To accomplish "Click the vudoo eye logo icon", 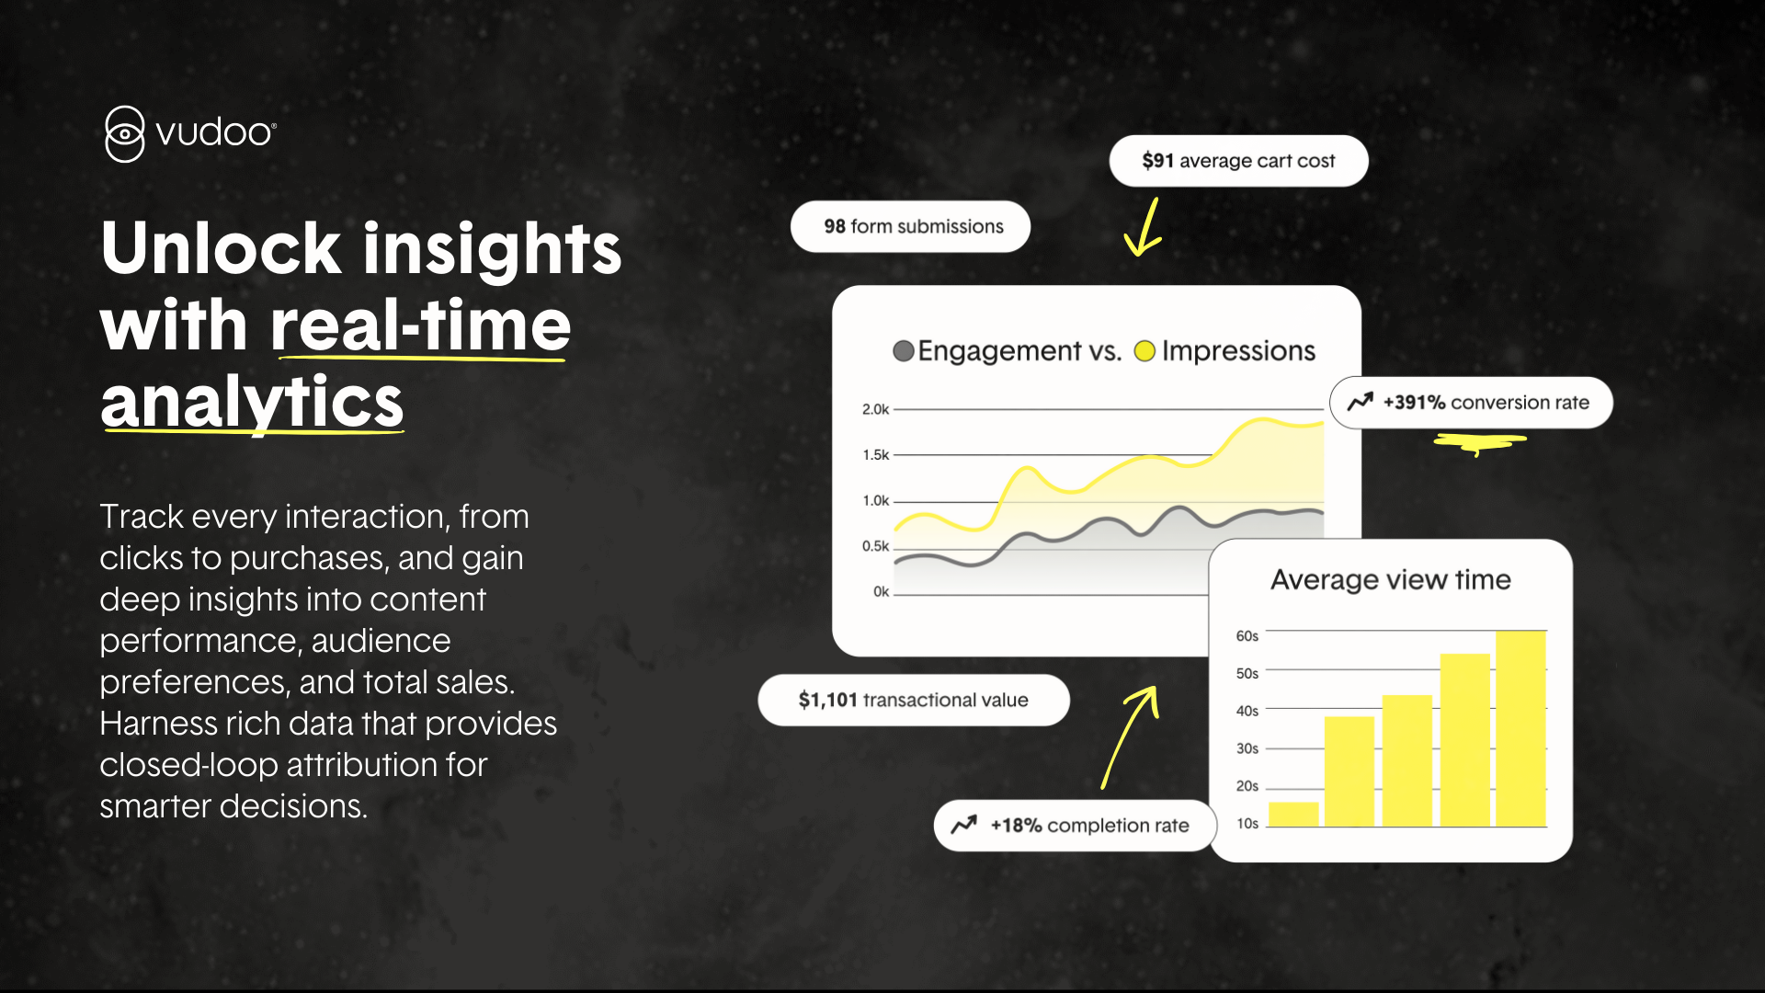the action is click(x=124, y=134).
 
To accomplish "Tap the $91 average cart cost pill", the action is click(x=1238, y=161).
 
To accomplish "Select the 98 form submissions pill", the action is click(x=910, y=226).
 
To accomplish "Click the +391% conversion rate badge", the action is click(x=1471, y=403).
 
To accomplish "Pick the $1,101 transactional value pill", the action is click(x=914, y=701).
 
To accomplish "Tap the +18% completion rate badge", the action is click(x=1075, y=826).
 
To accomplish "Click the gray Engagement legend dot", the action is click(x=904, y=351).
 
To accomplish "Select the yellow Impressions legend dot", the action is click(x=1144, y=351).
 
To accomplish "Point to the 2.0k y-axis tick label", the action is click(x=875, y=409).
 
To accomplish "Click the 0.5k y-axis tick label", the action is click(x=875, y=546).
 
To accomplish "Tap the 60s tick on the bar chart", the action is click(x=1247, y=636).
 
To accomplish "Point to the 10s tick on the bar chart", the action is click(x=1247, y=824).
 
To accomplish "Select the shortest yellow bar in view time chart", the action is click(x=1293, y=815).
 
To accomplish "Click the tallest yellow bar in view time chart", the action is click(x=1521, y=729).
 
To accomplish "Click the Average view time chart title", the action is click(x=1391, y=580).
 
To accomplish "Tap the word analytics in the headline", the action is click(x=252, y=403).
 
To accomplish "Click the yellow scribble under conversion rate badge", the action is click(x=1480, y=443).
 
